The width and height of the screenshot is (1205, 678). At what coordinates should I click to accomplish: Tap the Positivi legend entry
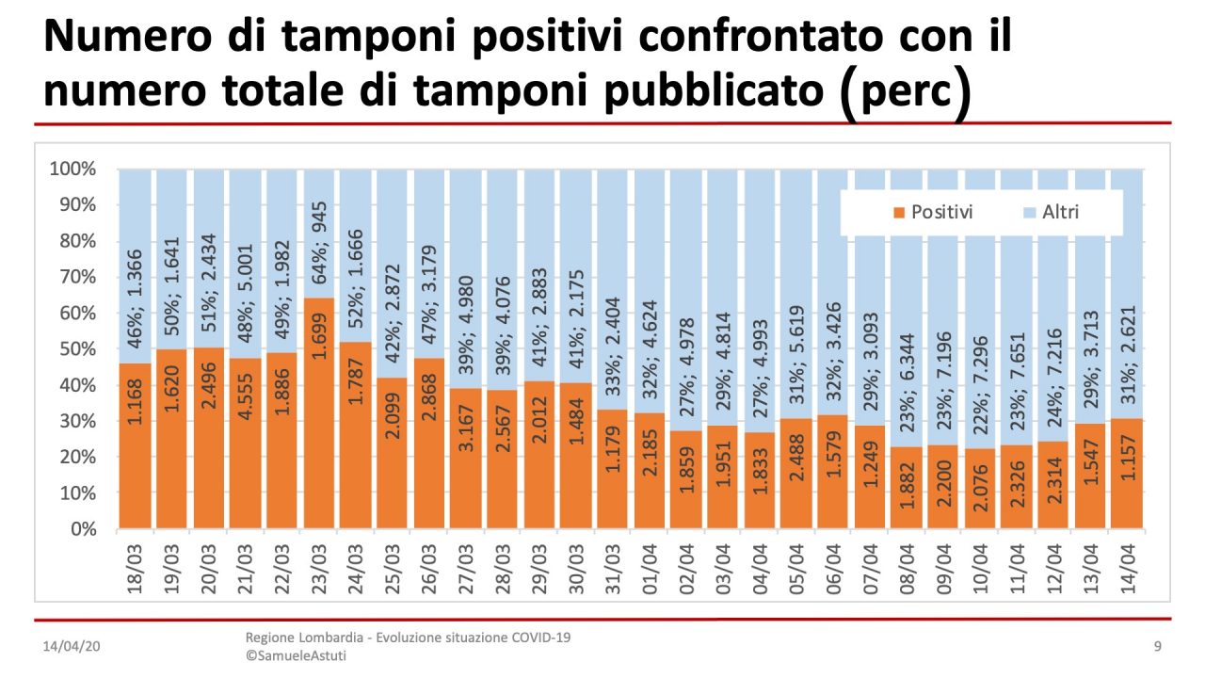[x=931, y=212]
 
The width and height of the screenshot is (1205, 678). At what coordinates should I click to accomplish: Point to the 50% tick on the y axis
[x=73, y=349]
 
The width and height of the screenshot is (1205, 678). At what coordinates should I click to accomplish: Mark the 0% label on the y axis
[x=81, y=529]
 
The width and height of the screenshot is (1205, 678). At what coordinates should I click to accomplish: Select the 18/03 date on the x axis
[x=136, y=564]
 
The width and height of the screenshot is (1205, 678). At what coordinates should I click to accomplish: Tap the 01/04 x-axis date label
[x=650, y=564]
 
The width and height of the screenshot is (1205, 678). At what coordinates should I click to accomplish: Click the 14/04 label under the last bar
[x=1127, y=564]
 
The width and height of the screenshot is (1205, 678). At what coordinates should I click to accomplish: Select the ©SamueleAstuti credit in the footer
[x=296, y=655]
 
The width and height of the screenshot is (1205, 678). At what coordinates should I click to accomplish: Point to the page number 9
[x=1157, y=647]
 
